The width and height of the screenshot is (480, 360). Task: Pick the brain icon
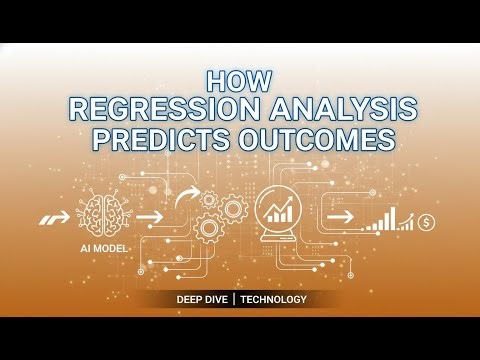pos(104,214)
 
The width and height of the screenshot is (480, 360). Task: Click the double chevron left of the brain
pos(50,215)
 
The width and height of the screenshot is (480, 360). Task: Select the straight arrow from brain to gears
pos(151,215)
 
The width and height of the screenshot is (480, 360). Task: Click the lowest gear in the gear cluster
pos(209,230)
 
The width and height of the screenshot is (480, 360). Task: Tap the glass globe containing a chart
pos(279,208)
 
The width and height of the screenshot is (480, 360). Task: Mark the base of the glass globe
pos(279,242)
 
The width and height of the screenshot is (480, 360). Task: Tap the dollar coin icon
pos(427,221)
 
